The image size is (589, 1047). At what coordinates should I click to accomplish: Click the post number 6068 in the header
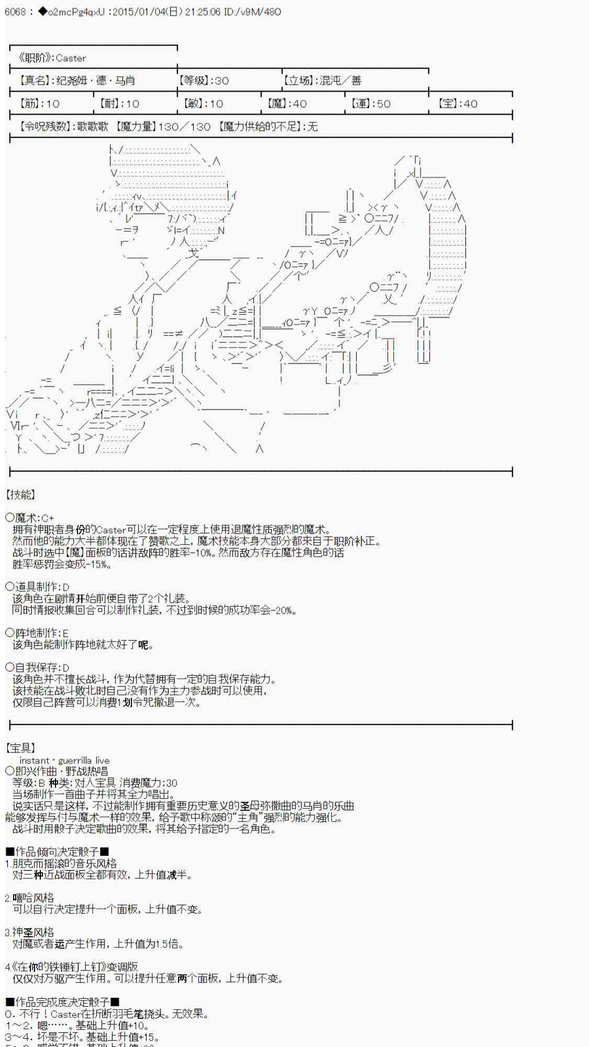(x=15, y=12)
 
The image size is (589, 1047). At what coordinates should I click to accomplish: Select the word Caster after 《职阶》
(x=71, y=58)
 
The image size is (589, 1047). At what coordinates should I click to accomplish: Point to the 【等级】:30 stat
(x=204, y=81)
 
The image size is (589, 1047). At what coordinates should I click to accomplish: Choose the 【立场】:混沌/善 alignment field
(x=322, y=81)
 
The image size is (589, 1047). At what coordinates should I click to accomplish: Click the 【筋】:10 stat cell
(x=39, y=104)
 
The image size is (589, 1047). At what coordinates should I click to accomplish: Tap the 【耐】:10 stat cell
(x=119, y=104)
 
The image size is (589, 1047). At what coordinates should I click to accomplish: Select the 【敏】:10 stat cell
(x=203, y=104)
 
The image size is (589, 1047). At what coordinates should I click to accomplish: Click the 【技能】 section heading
(x=20, y=495)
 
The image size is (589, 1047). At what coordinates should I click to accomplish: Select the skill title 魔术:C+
(x=30, y=518)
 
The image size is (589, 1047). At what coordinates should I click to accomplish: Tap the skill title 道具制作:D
(x=37, y=587)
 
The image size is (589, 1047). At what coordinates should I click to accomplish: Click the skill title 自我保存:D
(x=37, y=668)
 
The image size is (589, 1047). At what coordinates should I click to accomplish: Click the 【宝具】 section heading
(x=20, y=749)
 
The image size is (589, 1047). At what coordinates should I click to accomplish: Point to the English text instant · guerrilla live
(x=64, y=761)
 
